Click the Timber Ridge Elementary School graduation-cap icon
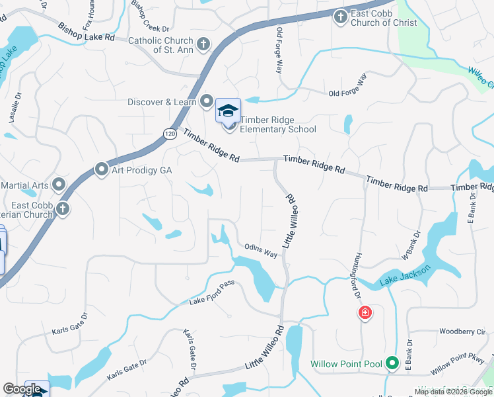pyautogui.click(x=228, y=110)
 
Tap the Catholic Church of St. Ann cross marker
pyautogui.click(x=203, y=44)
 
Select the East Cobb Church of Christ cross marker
pyautogui.click(x=340, y=17)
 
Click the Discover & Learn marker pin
pyautogui.click(x=207, y=102)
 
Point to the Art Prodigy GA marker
pyautogui.click(x=102, y=170)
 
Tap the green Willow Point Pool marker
pyautogui.click(x=392, y=363)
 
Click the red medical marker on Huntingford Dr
pyautogui.click(x=364, y=313)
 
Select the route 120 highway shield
pyautogui.click(x=170, y=133)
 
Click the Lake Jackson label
pyautogui.click(x=406, y=277)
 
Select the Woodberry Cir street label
pyautogui.click(x=462, y=331)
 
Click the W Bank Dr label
pyautogui.click(x=411, y=245)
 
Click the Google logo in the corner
pyautogui.click(x=21, y=389)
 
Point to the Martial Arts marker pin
pyautogui.click(x=59, y=184)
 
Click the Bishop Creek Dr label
pyautogui.click(x=150, y=17)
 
